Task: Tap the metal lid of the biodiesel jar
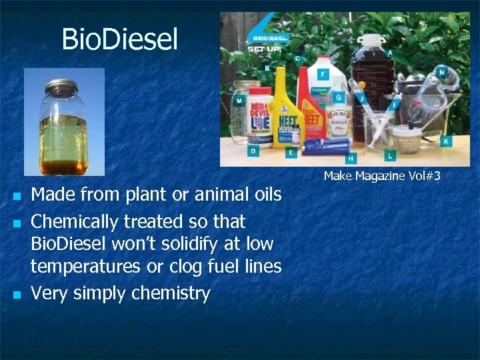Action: pyautogui.click(x=63, y=87)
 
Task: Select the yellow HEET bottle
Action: pyautogui.click(x=289, y=110)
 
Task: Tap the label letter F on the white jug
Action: pyautogui.click(x=324, y=74)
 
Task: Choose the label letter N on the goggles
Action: pyautogui.click(x=442, y=72)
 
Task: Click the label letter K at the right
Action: pyautogui.click(x=445, y=141)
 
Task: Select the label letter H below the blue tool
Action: pyautogui.click(x=351, y=159)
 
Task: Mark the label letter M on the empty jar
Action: pyautogui.click(x=239, y=101)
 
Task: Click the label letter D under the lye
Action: pyautogui.click(x=253, y=151)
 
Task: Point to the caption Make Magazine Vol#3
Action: pyautogui.click(x=382, y=176)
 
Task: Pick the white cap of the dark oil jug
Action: pyautogui.click(x=371, y=38)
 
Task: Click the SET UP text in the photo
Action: pyautogui.click(x=265, y=49)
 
